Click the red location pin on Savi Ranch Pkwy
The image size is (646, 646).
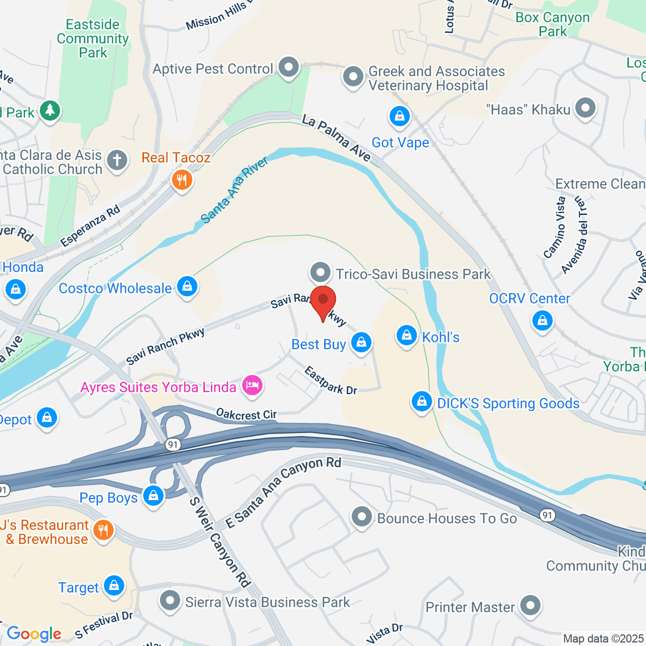click(323, 301)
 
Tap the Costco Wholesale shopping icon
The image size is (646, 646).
click(187, 286)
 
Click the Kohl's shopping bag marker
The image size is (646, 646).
click(406, 335)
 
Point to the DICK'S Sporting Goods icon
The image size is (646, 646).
click(422, 402)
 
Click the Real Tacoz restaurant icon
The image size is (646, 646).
click(182, 179)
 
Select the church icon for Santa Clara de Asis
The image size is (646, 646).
click(117, 160)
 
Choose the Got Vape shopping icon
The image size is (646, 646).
click(399, 116)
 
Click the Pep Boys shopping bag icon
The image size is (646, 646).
click(153, 495)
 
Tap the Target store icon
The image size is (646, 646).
click(114, 586)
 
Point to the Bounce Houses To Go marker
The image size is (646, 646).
click(362, 517)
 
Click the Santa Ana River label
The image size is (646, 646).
click(235, 190)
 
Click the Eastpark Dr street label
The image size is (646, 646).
click(331, 380)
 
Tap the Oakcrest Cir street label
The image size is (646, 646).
click(246, 414)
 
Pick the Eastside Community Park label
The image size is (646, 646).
click(93, 38)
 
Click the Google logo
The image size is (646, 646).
click(34, 634)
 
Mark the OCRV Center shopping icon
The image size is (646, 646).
click(542, 321)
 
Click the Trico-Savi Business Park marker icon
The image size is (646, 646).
click(321, 272)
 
